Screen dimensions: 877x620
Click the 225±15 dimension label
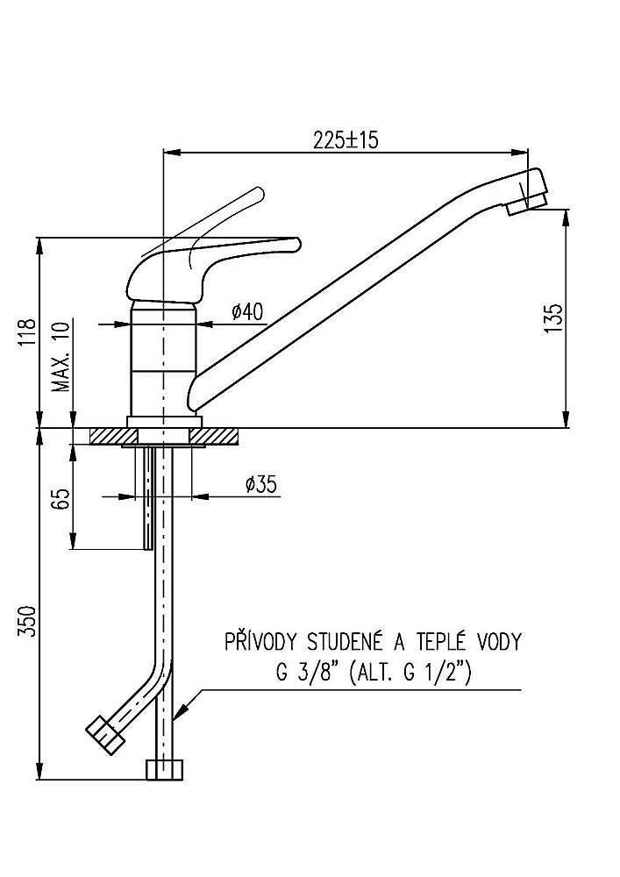tap(345, 140)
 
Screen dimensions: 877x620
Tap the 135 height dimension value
tap(552, 317)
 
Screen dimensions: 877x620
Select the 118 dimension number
tap(28, 334)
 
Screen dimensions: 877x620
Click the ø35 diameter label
tap(262, 484)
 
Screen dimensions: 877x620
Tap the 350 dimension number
tap(28, 622)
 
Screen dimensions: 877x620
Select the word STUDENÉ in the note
tap(343, 642)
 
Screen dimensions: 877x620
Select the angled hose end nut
tap(104, 734)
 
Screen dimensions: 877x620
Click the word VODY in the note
tap(495, 642)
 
